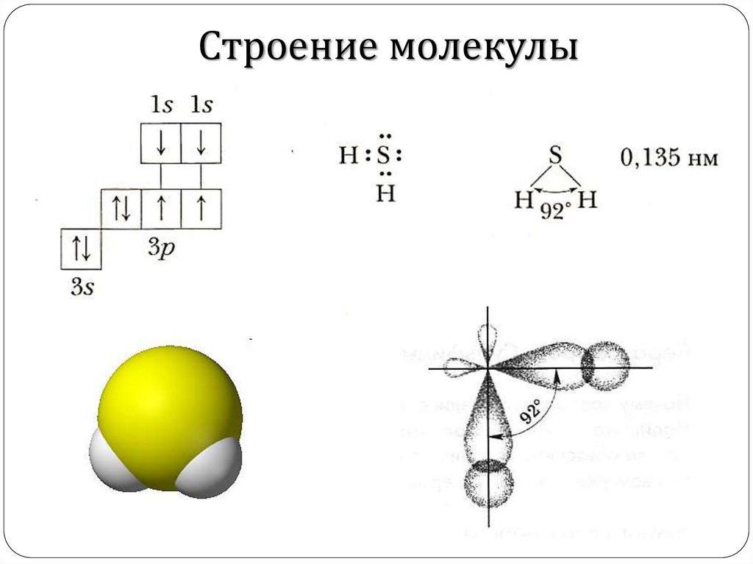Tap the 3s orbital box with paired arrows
80,248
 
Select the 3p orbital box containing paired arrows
121,208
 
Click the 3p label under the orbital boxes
161,247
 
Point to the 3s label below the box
82,286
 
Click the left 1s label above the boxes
160,105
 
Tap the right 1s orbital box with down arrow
201,143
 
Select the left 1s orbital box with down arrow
161,143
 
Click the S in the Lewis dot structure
385,156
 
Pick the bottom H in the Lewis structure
385,194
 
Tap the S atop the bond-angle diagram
556,156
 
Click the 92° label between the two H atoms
556,210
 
